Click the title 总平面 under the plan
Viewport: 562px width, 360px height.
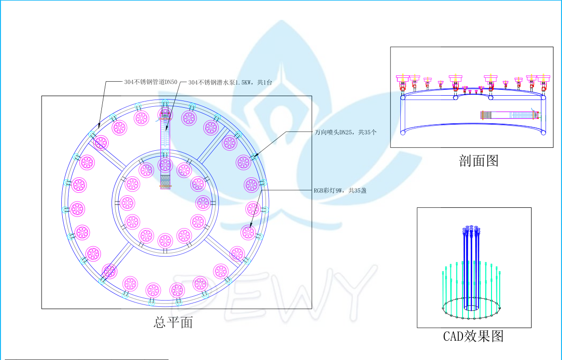(x=173, y=322)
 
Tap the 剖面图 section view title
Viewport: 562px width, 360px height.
(x=478, y=161)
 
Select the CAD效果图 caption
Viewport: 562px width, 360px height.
(x=473, y=336)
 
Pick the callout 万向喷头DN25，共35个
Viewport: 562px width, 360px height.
(x=345, y=131)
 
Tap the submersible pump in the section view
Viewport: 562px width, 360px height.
(x=510, y=115)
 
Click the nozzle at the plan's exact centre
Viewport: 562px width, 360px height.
(x=165, y=165)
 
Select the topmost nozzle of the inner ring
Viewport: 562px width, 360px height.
(x=165, y=165)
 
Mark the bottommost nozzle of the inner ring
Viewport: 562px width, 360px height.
(x=165, y=241)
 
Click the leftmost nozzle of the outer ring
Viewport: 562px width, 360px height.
(x=77, y=209)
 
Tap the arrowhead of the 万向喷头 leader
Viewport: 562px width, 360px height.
(x=253, y=157)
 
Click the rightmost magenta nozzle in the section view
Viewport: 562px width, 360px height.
(x=544, y=78)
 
